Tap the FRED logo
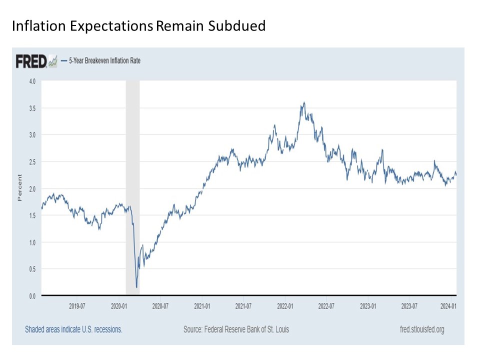pos(31,61)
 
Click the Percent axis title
pos(20,187)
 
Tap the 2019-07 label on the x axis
pos(76,305)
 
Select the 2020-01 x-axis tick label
pos(118,305)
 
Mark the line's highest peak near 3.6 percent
pos(303,103)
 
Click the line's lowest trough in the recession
pos(136,287)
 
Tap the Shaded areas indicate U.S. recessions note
pos(73,329)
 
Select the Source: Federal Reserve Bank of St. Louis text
pos(236,329)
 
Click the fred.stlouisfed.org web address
pos(415,329)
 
